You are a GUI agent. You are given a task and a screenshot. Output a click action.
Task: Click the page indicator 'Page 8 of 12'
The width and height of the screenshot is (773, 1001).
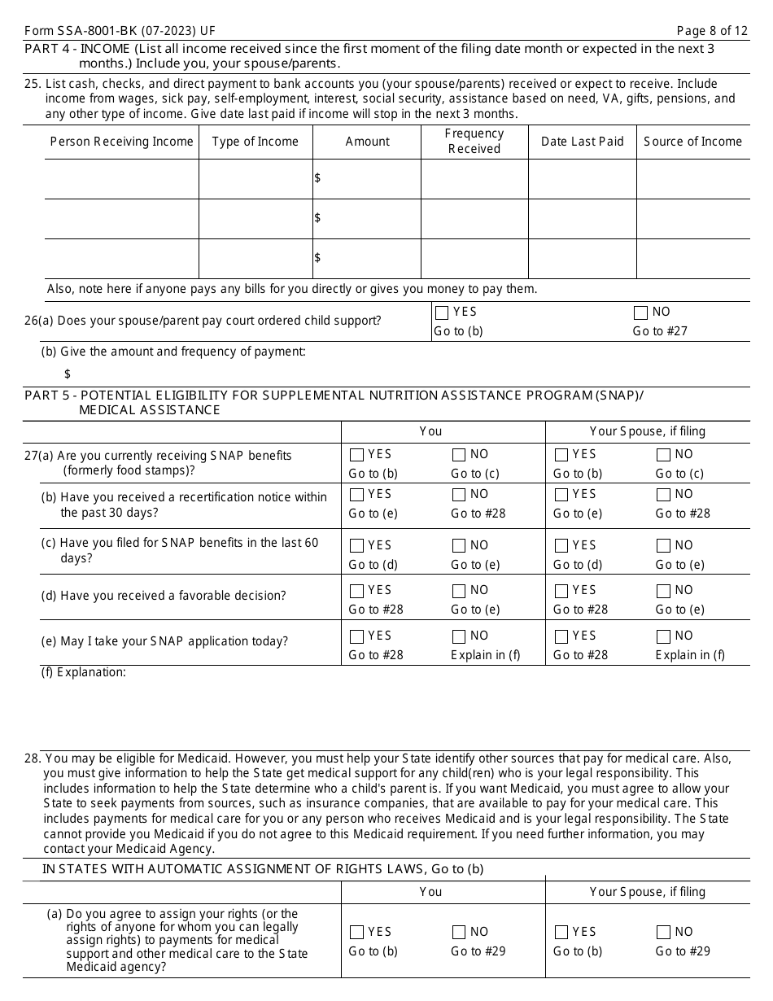713,31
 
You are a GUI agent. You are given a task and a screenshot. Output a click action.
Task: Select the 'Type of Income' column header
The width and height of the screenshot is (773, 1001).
255,142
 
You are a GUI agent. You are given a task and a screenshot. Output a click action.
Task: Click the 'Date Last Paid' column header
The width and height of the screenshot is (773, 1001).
582,142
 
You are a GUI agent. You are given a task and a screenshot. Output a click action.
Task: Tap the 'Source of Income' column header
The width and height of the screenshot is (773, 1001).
692,142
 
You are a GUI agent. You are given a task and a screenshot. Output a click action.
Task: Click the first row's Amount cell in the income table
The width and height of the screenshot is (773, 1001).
367,178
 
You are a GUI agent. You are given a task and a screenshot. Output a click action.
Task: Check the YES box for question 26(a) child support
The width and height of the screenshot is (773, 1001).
442,313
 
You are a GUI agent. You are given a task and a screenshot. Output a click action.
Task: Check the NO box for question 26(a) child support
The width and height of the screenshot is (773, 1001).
640,313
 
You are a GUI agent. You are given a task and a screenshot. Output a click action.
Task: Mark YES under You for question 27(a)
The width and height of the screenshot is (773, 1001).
356,455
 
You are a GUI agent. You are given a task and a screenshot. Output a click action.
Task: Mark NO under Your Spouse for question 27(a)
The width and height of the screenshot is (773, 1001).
663,455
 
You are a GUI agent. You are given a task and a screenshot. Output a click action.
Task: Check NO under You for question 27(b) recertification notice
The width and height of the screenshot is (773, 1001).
459,495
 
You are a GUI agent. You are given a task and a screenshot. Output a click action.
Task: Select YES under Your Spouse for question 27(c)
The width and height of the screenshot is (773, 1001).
561,546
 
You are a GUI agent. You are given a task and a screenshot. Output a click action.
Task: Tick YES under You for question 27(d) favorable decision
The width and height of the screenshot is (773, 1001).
356,591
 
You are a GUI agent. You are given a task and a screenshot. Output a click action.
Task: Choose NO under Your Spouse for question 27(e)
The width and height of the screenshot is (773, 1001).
663,636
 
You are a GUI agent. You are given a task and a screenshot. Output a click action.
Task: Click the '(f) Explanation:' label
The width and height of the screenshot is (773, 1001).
84,672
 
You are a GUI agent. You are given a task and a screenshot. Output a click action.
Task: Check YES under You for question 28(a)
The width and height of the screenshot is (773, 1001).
356,933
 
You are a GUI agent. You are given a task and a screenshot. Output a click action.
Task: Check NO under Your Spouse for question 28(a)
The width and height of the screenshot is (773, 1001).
663,933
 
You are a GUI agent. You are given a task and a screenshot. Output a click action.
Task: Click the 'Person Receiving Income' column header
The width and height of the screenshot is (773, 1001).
121,142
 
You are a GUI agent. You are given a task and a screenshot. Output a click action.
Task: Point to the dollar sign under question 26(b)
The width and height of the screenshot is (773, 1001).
68,374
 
